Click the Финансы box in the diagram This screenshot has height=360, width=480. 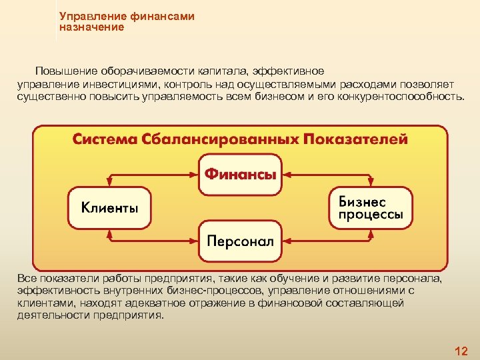tap(240, 175)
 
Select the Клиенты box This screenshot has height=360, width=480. tap(110, 207)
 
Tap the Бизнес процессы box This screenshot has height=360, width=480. tap(371, 207)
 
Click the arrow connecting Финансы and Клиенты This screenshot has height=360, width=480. tap(153, 175)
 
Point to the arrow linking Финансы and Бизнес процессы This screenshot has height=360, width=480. tap(327, 175)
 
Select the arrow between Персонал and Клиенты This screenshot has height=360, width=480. tap(153, 241)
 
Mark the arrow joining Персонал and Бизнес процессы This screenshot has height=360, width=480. tap(327, 241)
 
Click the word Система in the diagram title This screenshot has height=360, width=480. tap(105, 140)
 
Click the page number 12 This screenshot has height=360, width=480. tap(461, 351)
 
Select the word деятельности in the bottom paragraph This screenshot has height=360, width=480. tap(49, 315)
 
